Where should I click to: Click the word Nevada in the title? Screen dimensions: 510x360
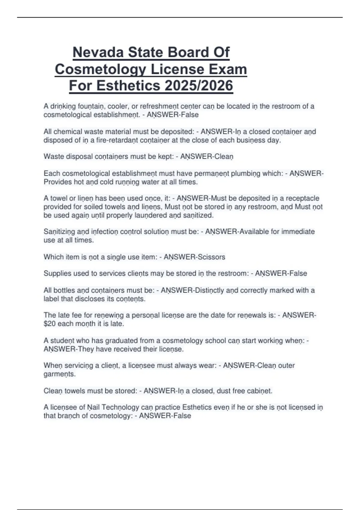[98, 52]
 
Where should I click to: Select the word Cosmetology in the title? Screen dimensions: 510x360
[100, 69]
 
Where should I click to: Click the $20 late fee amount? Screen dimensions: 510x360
[49, 324]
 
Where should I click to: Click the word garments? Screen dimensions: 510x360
[59, 374]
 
